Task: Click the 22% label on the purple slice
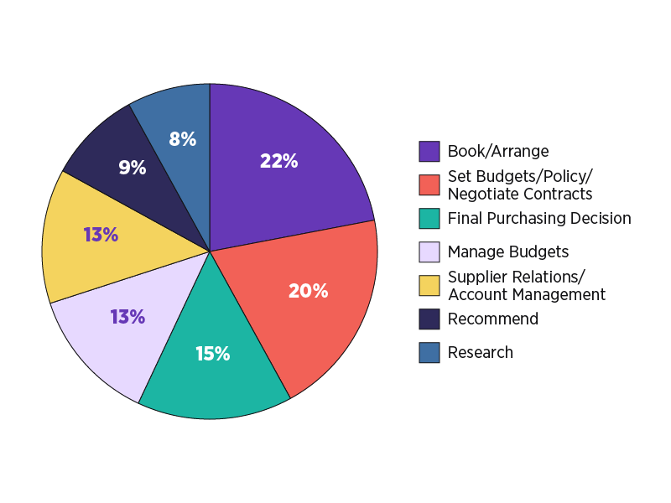tap(279, 161)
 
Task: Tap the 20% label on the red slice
tap(308, 291)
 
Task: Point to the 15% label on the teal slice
tap(212, 354)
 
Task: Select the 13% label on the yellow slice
tap(101, 235)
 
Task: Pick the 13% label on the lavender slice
tap(127, 317)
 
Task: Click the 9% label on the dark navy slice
tap(132, 168)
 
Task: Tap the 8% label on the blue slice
tap(182, 139)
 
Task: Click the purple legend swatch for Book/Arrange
tap(429, 152)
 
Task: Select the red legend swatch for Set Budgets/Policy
tap(429, 185)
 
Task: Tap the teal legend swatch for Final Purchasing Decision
tap(429, 219)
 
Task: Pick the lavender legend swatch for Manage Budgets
tap(429, 252)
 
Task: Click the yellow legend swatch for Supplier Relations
tap(429, 286)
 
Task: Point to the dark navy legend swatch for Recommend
tap(429, 319)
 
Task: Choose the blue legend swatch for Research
tap(429, 353)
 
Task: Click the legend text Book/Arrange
tap(498, 152)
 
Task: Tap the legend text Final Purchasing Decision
tap(539, 219)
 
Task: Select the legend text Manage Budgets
tap(508, 252)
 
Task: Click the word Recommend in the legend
tap(493, 319)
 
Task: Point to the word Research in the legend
tap(481, 353)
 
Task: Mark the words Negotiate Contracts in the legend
tap(520, 194)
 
